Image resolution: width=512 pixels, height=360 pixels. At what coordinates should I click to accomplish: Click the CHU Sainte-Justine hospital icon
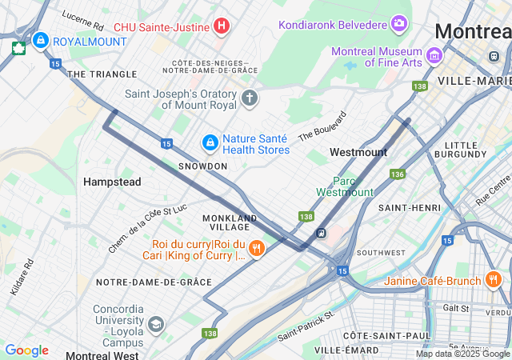222,26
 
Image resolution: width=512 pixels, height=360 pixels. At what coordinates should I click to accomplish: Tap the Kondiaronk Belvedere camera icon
398,24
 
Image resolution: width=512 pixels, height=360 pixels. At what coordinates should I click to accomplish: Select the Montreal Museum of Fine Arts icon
434,55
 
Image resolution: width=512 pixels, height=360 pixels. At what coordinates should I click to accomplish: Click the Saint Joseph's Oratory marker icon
250,99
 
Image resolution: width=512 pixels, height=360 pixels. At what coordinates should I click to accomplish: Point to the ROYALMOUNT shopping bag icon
40,39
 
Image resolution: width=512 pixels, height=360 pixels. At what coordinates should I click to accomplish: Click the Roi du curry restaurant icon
256,249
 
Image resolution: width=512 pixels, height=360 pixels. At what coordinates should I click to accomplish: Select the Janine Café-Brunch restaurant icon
493,281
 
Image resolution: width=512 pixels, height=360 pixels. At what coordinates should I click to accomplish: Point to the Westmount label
358,152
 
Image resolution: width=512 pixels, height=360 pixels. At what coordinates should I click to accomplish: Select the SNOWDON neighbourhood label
202,166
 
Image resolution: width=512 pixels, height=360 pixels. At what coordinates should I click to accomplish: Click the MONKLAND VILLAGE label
230,222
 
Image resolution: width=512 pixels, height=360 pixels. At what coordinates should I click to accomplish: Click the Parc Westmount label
345,186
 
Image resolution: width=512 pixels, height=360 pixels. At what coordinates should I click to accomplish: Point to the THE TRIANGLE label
102,74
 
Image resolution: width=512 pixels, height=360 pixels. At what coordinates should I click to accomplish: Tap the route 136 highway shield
398,174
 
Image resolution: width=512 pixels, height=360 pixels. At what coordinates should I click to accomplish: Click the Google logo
26,350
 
